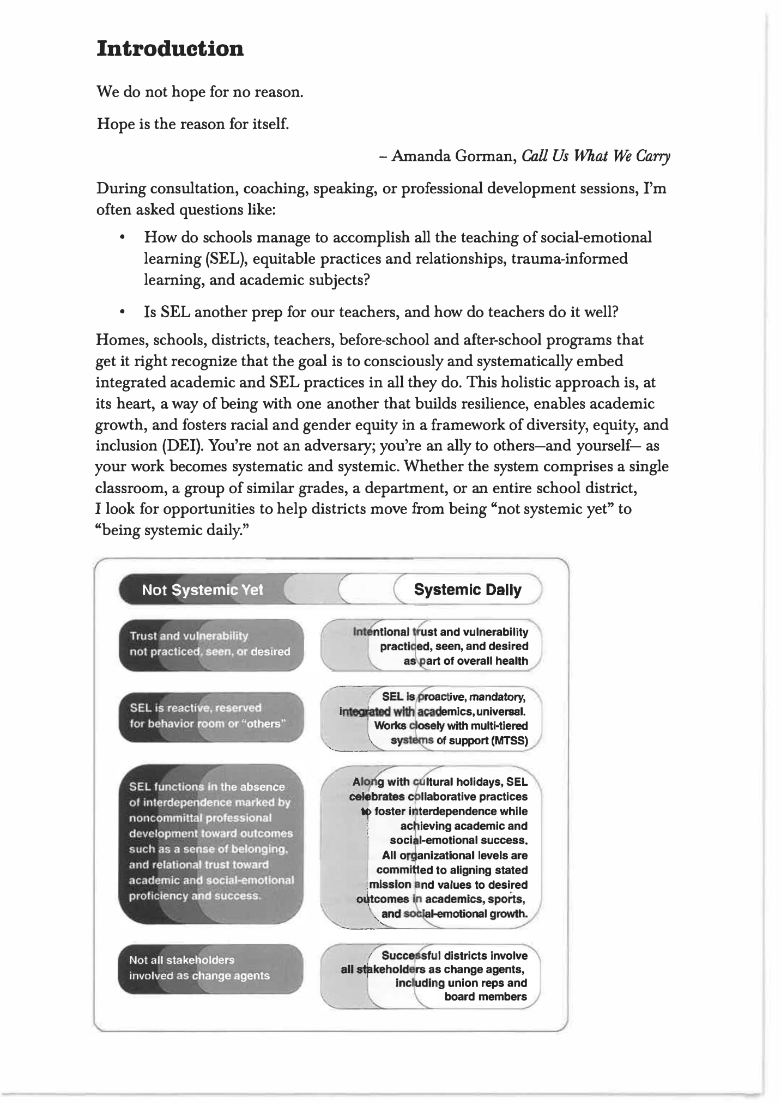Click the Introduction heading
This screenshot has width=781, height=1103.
170,49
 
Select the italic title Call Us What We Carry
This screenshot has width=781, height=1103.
596,157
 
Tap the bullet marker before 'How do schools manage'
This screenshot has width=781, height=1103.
124,238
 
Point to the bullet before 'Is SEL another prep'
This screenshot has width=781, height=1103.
124,313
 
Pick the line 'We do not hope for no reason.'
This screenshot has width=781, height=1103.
199,92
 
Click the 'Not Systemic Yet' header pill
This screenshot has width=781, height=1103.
202,590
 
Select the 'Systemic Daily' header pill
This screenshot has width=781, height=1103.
467,590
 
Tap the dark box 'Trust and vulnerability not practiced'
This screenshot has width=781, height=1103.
210,644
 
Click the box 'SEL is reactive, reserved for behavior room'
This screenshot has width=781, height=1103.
210,716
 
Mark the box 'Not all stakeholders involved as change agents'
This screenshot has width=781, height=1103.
210,968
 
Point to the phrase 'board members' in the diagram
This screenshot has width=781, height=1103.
485,997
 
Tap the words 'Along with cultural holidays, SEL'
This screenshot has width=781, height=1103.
440,782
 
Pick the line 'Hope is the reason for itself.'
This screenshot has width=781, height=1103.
192,124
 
